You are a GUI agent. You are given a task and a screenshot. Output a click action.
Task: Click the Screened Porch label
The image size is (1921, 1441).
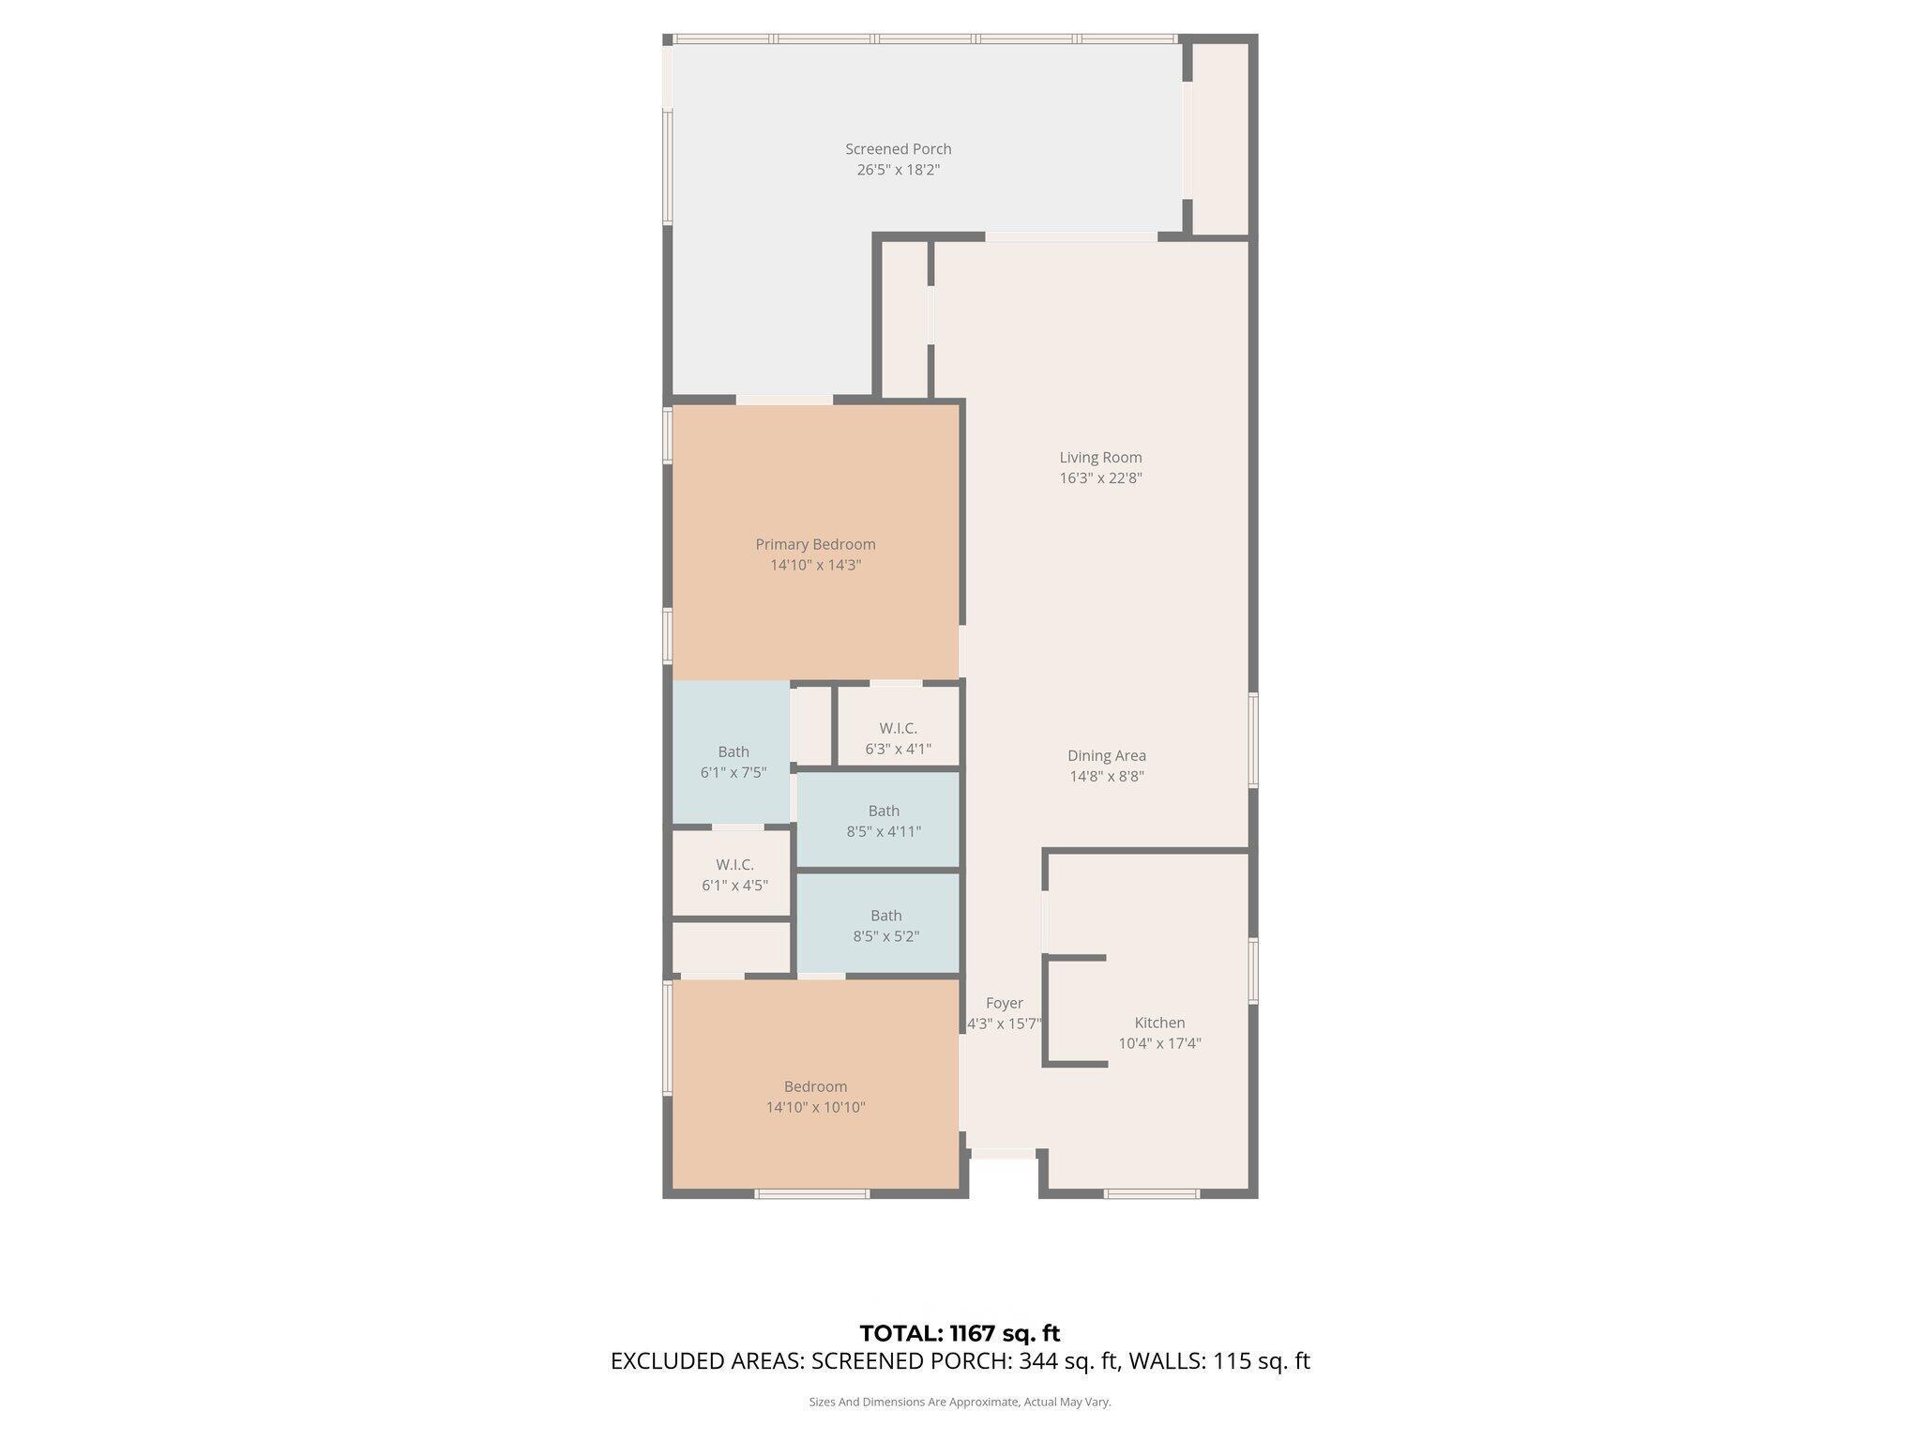click(898, 149)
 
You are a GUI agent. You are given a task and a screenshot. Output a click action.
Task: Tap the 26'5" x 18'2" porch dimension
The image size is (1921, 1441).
click(898, 170)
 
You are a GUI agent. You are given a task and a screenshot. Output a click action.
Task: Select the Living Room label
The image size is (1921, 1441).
click(1100, 458)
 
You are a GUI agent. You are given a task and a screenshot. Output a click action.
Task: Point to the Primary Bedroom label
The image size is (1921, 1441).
click(815, 544)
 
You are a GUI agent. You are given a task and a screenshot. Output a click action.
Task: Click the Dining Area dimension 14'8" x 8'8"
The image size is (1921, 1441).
click(1107, 776)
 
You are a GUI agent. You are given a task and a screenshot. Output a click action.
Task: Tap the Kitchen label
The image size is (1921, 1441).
click(1159, 1023)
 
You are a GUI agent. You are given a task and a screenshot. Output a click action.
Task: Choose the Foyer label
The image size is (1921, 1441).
click(1004, 1003)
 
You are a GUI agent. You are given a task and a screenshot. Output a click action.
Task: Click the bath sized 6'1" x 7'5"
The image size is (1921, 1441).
click(733, 762)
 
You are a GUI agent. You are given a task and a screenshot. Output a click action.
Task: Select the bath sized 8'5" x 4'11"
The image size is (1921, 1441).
click(884, 821)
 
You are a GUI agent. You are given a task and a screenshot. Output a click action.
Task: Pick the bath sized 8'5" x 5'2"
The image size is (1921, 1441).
click(885, 926)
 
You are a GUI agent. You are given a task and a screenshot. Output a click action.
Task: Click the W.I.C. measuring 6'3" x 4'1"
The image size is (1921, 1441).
click(898, 738)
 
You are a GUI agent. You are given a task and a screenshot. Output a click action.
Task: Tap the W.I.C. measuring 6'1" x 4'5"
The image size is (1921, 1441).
click(734, 874)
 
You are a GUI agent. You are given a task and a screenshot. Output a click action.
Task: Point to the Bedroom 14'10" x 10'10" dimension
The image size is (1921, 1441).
click(815, 1107)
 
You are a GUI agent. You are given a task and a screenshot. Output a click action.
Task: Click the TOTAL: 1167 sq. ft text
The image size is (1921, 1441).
click(960, 1333)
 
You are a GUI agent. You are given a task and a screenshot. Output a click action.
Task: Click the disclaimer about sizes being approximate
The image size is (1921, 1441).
click(960, 1402)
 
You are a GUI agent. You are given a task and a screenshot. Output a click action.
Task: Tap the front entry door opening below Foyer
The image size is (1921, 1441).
click(1003, 1153)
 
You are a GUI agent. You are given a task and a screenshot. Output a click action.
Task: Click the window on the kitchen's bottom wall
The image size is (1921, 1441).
click(1151, 1194)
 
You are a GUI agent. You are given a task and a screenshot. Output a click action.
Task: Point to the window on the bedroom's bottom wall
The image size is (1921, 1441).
click(812, 1194)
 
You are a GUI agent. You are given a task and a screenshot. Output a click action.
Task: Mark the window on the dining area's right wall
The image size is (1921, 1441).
click(1252, 739)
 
